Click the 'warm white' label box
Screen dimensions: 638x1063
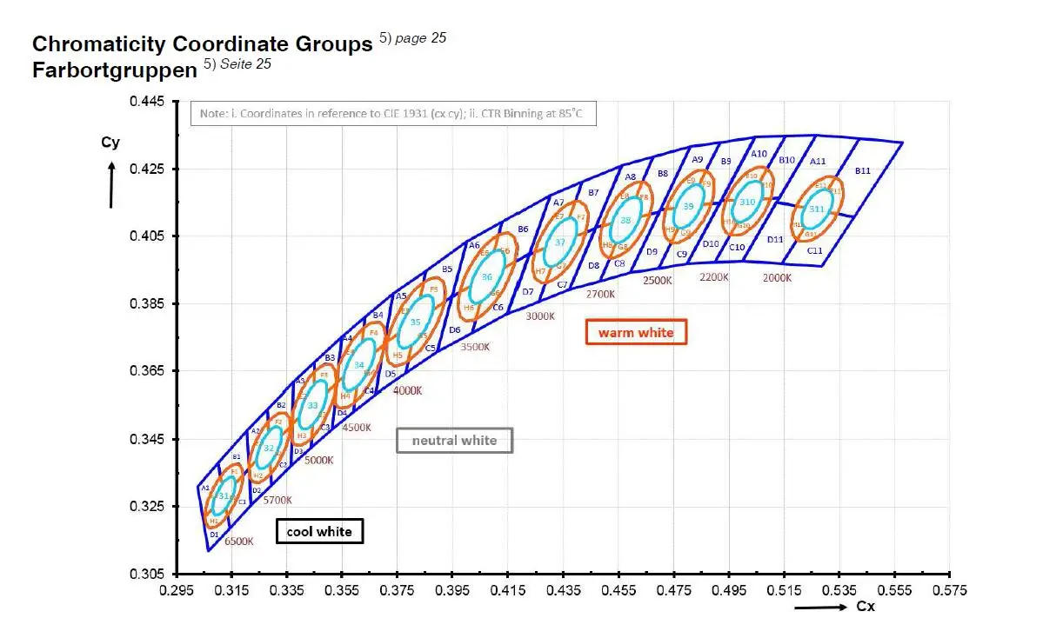click(x=636, y=332)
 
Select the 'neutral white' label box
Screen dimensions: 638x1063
click(x=454, y=441)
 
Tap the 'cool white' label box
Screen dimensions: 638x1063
click(x=319, y=531)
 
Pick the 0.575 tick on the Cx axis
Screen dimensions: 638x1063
click(x=949, y=590)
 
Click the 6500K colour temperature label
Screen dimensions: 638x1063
click(x=238, y=541)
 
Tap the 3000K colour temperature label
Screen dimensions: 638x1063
click(x=539, y=316)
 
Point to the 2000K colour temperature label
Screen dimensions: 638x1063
click(x=777, y=278)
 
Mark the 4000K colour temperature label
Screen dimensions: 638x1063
click(x=407, y=391)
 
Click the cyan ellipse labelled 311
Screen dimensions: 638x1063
click(x=817, y=209)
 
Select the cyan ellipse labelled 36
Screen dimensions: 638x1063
click(x=487, y=276)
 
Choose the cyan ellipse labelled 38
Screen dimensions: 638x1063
click(x=625, y=220)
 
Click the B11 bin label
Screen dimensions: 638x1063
click(x=862, y=171)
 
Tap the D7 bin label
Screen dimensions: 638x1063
click(x=527, y=291)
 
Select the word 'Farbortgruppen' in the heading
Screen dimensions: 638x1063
click(x=115, y=70)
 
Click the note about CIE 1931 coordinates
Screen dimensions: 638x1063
click(x=393, y=114)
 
